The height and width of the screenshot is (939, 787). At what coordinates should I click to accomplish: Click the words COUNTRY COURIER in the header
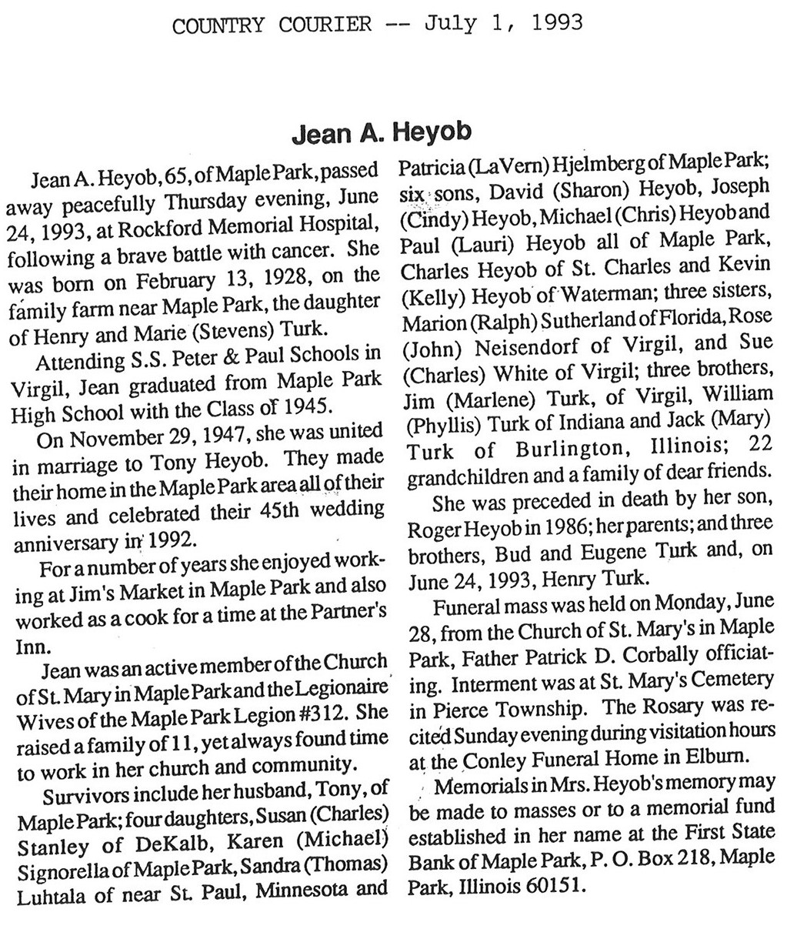tap(272, 26)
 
